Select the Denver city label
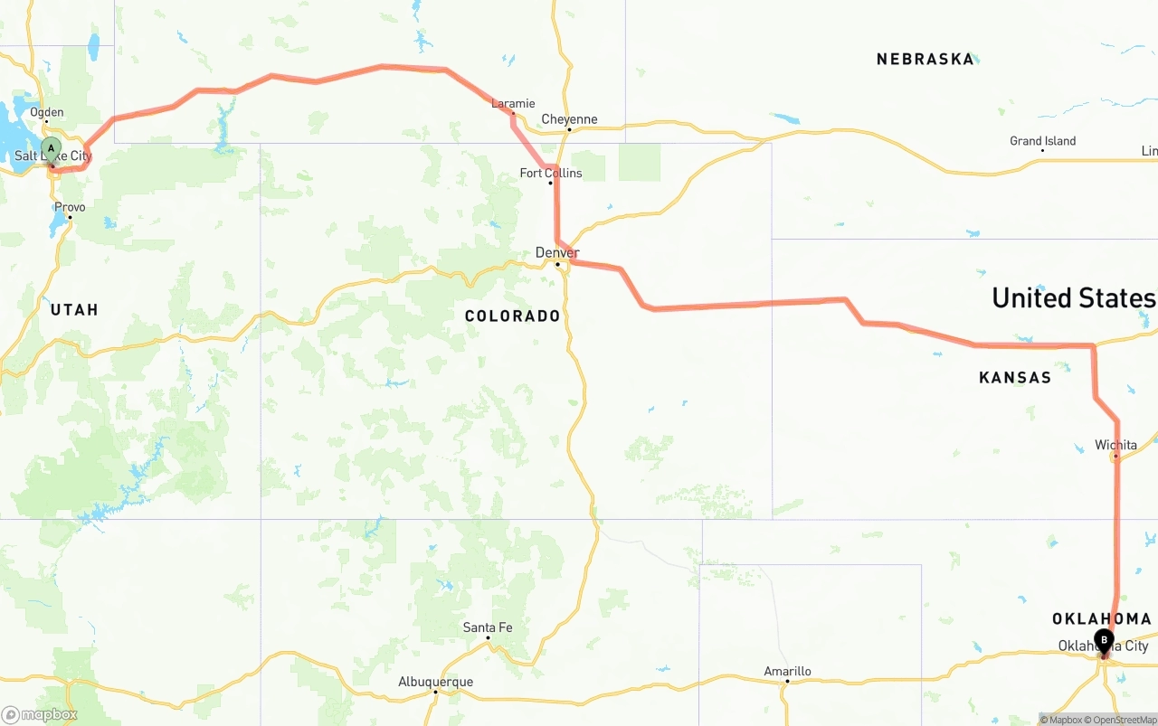click(x=557, y=252)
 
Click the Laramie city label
click(x=513, y=103)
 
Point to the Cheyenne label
click(x=569, y=119)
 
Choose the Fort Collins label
click(x=550, y=173)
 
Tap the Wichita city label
click(x=1115, y=445)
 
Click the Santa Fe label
click(x=488, y=627)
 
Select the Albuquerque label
click(x=435, y=682)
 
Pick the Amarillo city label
click(x=787, y=671)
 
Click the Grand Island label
click(x=1042, y=141)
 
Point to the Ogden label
click(x=47, y=112)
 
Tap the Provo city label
click(x=70, y=207)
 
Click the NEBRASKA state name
click(x=925, y=59)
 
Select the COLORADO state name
click(x=512, y=316)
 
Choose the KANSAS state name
click(x=1015, y=377)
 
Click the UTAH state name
click(x=74, y=309)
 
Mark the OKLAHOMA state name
click(x=1101, y=618)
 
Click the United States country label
click(x=1073, y=297)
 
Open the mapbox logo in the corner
click(x=40, y=714)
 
